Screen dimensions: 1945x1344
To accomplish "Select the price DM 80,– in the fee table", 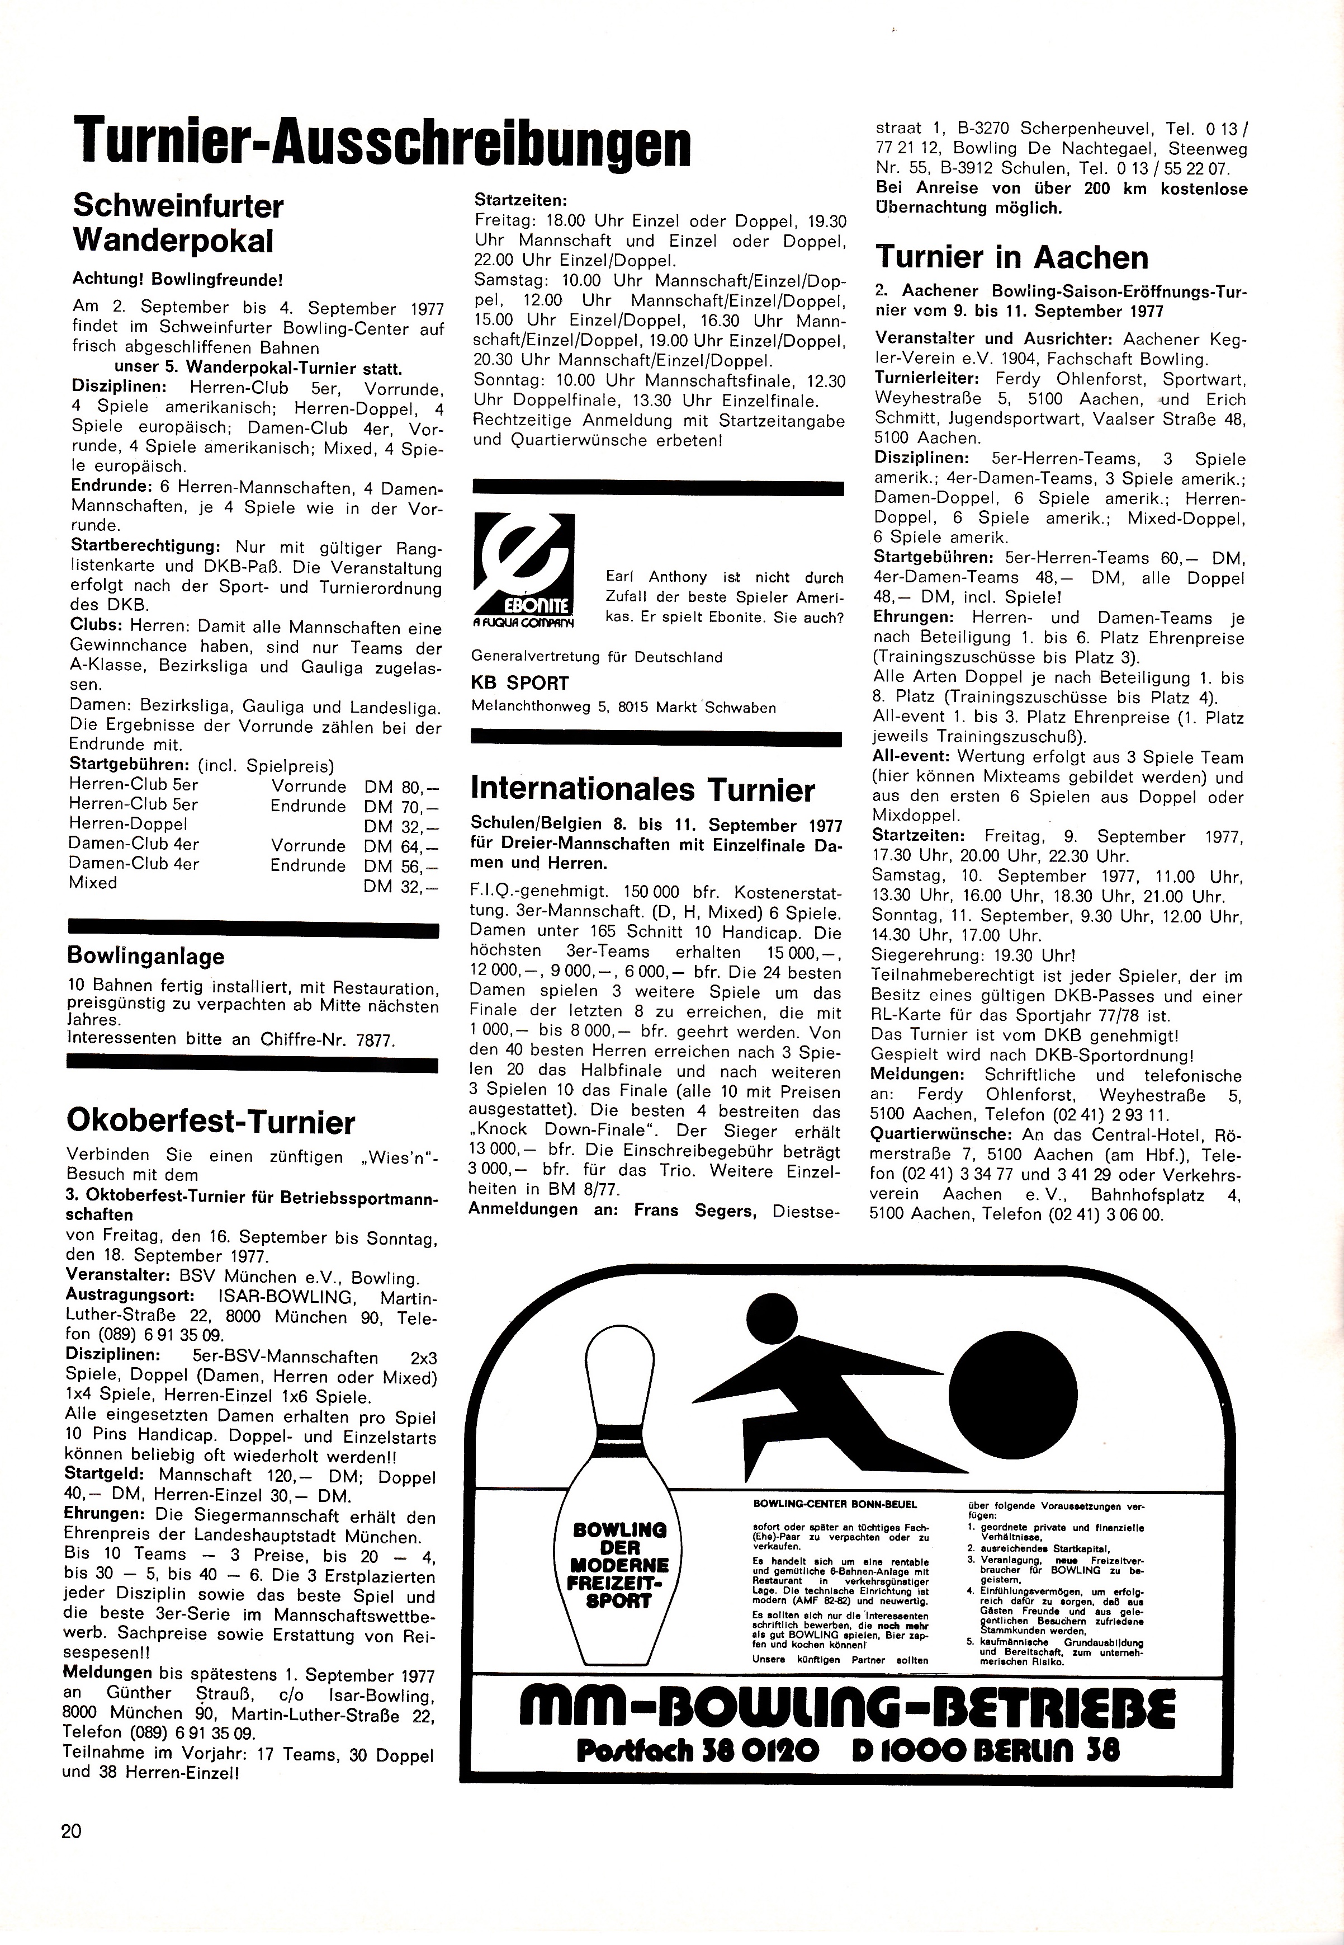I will point(401,787).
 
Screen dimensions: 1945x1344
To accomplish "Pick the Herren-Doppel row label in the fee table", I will point(128,825).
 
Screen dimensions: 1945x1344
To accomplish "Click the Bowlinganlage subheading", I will point(146,957).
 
